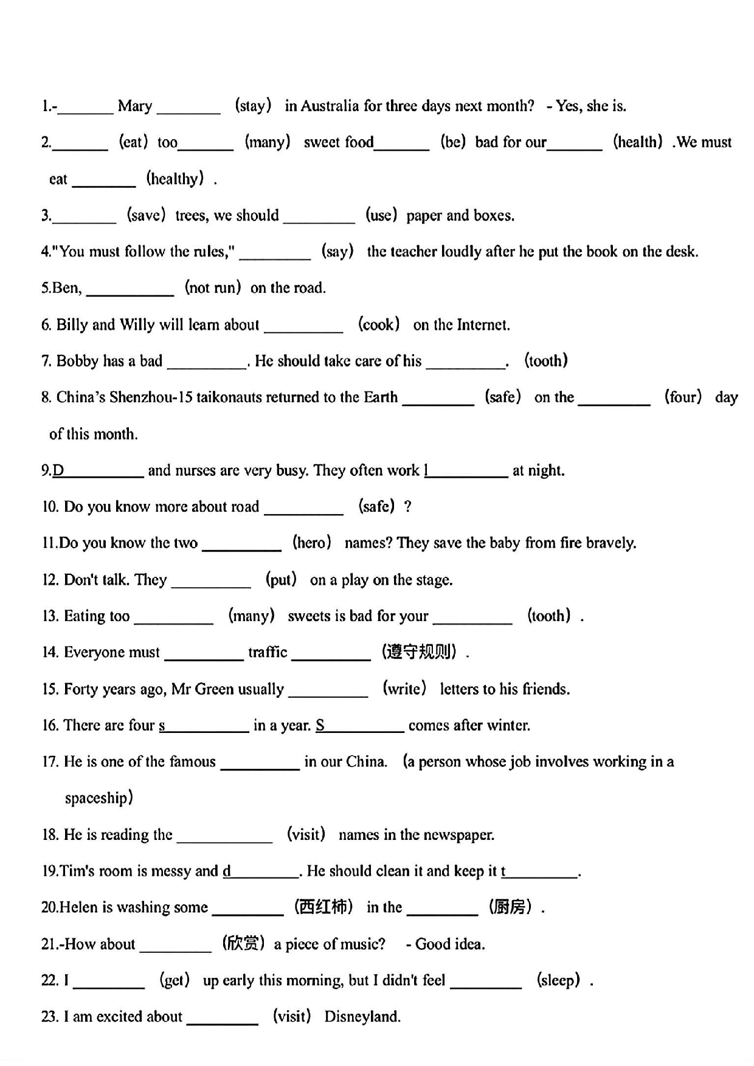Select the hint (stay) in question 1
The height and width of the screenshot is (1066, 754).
coord(253,106)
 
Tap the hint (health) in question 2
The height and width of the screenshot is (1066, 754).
coord(638,142)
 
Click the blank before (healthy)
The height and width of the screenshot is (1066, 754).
coord(104,181)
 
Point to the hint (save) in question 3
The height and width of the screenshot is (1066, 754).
coord(146,215)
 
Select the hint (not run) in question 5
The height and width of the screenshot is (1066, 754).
coord(213,287)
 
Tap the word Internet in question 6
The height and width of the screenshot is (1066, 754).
coord(483,325)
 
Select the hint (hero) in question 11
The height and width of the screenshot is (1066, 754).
coord(311,543)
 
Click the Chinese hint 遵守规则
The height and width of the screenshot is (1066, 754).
coord(420,652)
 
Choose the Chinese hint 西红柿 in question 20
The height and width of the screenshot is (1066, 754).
coord(323,907)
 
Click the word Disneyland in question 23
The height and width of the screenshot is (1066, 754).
coord(362,1017)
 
